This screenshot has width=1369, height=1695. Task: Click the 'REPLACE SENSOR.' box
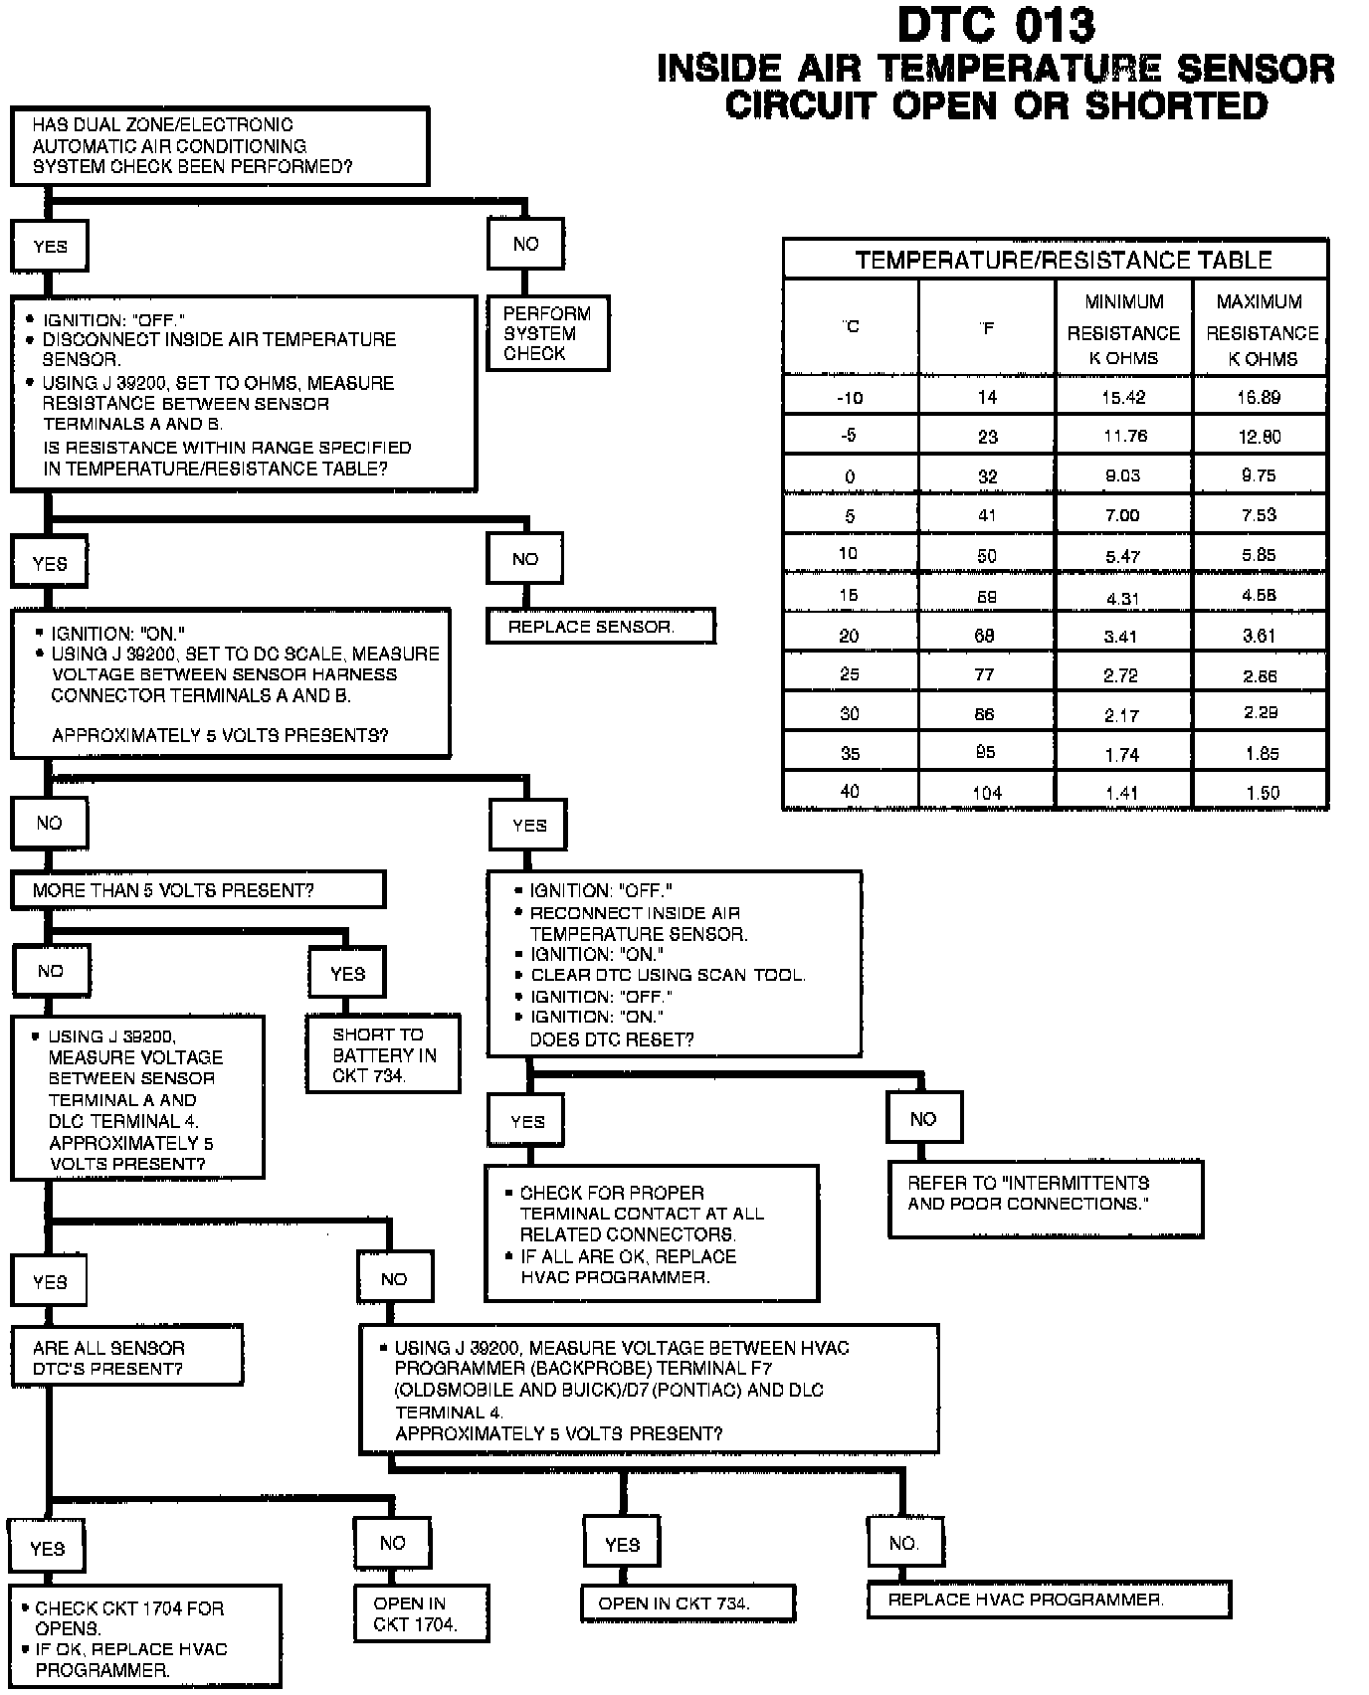(600, 627)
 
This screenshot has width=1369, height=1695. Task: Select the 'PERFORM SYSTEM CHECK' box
(547, 333)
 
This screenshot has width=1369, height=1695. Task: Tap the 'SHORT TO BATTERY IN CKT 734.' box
(383, 1054)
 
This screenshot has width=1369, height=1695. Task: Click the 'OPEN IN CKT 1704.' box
(421, 1614)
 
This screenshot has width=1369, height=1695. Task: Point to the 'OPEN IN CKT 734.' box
(687, 1602)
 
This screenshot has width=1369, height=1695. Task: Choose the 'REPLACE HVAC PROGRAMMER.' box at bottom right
(1049, 1600)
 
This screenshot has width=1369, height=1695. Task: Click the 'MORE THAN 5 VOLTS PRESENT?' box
(198, 890)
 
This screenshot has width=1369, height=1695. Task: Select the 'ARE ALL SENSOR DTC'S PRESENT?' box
(126, 1357)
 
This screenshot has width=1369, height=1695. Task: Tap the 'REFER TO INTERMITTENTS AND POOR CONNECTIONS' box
(1045, 1197)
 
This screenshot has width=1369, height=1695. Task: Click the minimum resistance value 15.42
(1123, 397)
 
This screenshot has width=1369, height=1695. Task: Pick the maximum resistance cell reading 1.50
(1261, 793)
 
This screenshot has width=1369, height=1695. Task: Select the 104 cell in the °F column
(987, 793)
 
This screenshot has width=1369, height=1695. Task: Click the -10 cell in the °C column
(850, 397)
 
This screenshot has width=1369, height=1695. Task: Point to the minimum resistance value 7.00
(1123, 515)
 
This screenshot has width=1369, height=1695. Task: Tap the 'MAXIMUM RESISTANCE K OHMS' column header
(1261, 329)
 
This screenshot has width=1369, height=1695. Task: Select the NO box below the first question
(525, 244)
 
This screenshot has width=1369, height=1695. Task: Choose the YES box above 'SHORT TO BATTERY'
(347, 974)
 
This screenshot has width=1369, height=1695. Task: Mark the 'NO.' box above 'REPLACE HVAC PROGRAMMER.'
(904, 1543)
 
